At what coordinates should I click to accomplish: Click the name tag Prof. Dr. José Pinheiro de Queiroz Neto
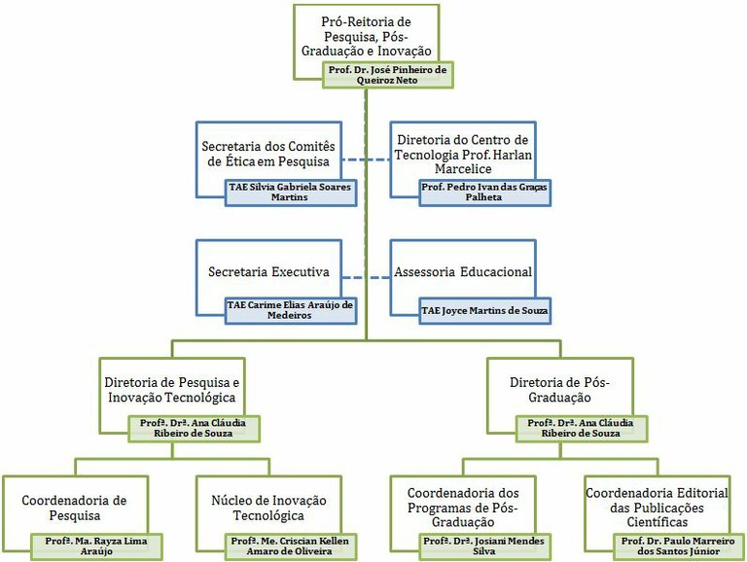pos(388,75)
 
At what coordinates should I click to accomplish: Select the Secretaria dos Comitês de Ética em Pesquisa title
pos(268,154)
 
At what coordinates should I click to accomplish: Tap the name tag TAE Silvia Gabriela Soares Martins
pos(291,193)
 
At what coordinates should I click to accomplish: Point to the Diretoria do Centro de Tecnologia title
pos(463,155)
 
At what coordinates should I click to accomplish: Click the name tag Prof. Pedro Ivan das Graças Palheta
pos(484,193)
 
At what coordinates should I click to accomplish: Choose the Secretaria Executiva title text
pos(268,272)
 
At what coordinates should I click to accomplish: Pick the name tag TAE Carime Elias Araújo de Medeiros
pos(291,310)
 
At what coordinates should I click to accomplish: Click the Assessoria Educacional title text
pos(463,272)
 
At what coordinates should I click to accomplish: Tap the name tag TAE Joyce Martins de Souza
pos(484,310)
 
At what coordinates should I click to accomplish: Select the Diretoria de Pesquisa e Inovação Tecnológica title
pos(172,390)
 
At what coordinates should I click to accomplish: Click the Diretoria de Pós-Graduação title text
pos(560,390)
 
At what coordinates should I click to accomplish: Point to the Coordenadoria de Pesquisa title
pos(74,509)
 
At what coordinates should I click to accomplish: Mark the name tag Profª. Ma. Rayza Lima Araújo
pos(96,546)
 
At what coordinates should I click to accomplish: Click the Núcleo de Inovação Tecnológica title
pos(268,509)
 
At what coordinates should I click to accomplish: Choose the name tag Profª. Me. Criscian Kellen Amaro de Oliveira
pos(291,546)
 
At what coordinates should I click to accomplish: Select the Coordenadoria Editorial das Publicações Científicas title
pos(657,508)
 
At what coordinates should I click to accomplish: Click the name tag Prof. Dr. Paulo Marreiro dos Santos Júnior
pos(678,546)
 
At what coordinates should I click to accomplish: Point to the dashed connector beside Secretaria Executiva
pos(366,278)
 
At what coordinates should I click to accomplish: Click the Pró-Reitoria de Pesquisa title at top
pos(366,36)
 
